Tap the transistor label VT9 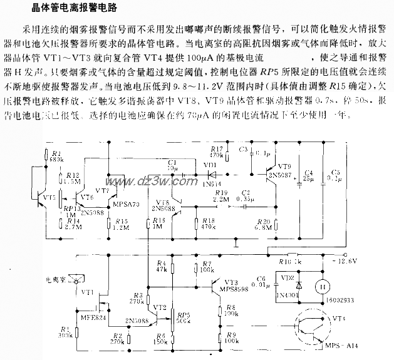click(284, 167)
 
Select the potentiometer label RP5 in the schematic click(184, 316)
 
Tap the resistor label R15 click(119, 221)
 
